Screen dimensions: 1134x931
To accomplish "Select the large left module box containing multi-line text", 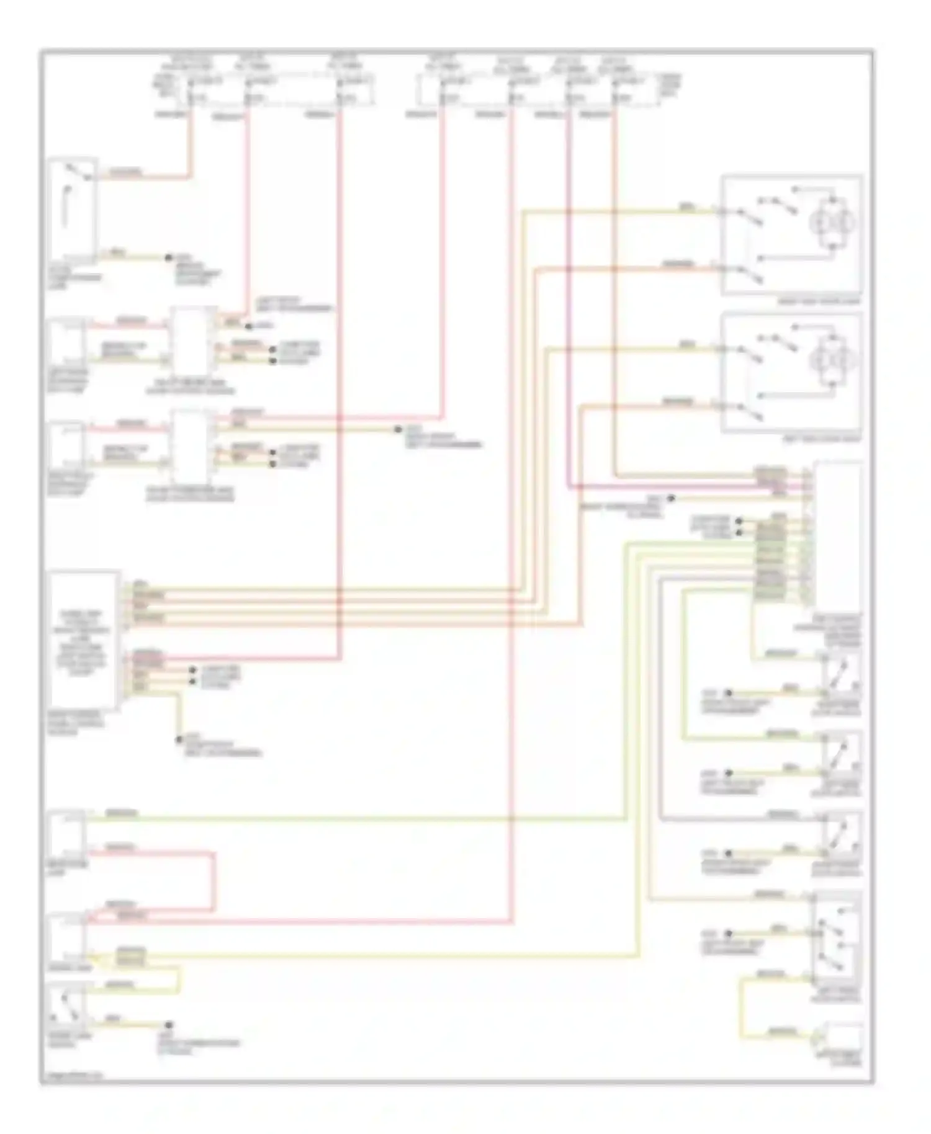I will [x=84, y=640].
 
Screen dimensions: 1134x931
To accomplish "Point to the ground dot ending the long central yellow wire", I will [x=398, y=429].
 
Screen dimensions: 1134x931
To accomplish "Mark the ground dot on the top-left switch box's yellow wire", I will [x=168, y=257].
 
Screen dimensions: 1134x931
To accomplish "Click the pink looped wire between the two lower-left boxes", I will [x=215, y=881].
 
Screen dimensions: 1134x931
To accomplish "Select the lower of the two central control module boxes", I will [x=193, y=447].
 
